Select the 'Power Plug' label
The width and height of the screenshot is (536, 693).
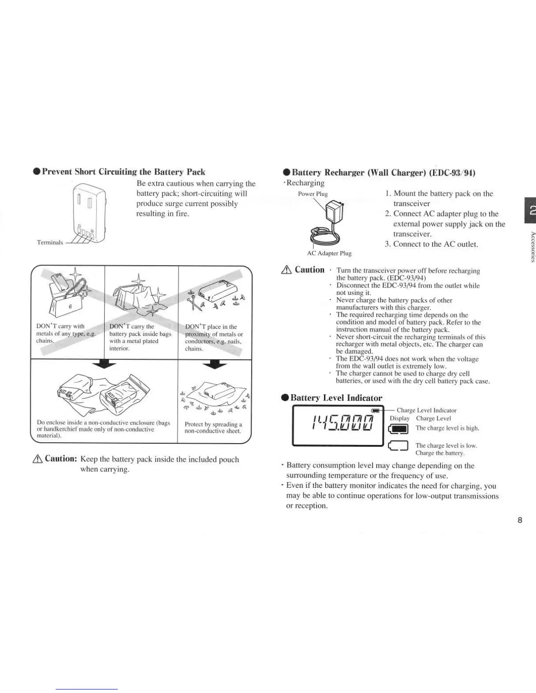coord(313,194)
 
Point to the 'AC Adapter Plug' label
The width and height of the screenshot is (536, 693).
coord(329,253)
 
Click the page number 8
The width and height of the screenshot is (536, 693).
coord(520,520)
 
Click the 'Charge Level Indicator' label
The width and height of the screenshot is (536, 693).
coord(426,410)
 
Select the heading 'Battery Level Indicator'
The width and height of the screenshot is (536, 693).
coord(336,398)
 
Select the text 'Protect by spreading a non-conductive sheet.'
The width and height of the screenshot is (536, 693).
coord(213,427)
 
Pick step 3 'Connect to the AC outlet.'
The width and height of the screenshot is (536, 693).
coord(431,244)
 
